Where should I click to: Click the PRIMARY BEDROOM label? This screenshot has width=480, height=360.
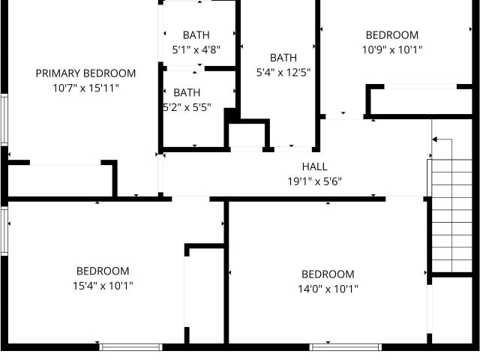tap(85, 73)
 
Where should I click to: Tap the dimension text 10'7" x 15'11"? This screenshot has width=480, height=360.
tap(85, 88)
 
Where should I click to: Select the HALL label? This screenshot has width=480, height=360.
tap(315, 166)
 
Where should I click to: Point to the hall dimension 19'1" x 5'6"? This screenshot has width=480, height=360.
tap(315, 181)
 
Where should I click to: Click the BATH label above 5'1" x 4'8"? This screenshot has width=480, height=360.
tap(196, 35)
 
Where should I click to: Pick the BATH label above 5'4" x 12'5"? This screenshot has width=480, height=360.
tap(283, 58)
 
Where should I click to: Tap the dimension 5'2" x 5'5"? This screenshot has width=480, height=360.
tap(187, 107)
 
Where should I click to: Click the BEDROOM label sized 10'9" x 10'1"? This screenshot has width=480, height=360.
tap(392, 35)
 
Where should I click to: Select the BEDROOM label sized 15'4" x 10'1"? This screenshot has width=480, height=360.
tap(103, 271)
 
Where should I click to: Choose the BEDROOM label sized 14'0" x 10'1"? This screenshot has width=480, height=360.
tap(328, 274)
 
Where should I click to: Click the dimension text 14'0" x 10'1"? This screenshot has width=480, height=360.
tap(328, 289)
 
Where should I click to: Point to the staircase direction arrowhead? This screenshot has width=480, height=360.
tap(435, 139)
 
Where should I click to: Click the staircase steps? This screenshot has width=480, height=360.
tap(451, 215)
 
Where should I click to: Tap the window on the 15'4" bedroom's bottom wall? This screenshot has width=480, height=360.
tap(131, 346)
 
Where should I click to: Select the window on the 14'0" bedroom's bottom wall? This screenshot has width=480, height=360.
tap(345, 346)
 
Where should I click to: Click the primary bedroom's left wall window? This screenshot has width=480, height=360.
tap(4, 119)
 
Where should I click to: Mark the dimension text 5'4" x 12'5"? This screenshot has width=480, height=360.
tap(283, 72)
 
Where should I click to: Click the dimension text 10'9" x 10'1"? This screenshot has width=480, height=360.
tap(392, 49)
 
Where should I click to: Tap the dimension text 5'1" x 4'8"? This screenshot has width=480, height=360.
tap(196, 49)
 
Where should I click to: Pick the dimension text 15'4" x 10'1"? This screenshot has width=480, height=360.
tap(103, 286)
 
